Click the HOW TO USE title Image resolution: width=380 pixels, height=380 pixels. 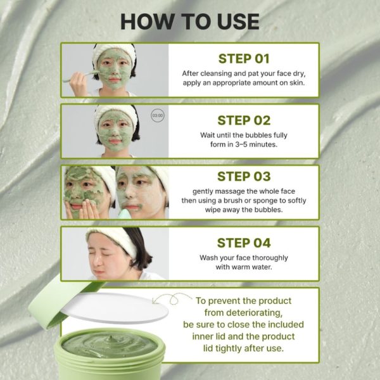(190, 22)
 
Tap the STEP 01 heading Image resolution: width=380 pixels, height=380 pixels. (244, 59)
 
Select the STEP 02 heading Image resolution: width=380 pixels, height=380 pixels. (244, 120)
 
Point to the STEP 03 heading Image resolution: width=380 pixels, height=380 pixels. (244, 177)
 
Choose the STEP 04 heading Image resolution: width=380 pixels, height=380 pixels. (244, 243)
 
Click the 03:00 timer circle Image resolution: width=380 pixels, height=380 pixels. (158, 115)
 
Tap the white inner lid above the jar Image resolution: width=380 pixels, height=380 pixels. (115, 308)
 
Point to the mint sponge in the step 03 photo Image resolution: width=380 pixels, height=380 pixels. (125, 214)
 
